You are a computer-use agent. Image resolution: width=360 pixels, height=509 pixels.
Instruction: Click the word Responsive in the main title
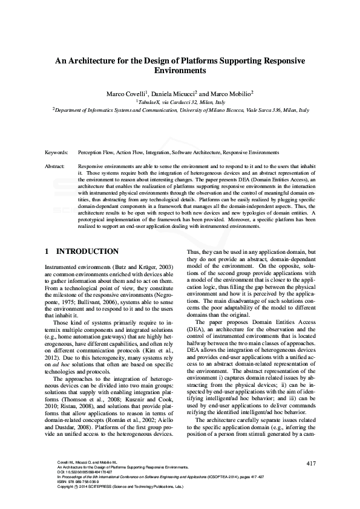pyautogui.click(x=283, y=61)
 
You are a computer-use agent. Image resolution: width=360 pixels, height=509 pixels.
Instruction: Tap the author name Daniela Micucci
pyautogui.click(x=177, y=94)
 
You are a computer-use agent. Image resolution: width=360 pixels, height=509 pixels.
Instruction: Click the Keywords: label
pyautogui.click(x=56, y=152)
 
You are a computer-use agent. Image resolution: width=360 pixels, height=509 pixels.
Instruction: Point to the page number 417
pyautogui.click(x=311, y=464)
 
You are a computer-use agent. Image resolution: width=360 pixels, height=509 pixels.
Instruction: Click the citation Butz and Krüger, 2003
pyautogui.click(x=144, y=267)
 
